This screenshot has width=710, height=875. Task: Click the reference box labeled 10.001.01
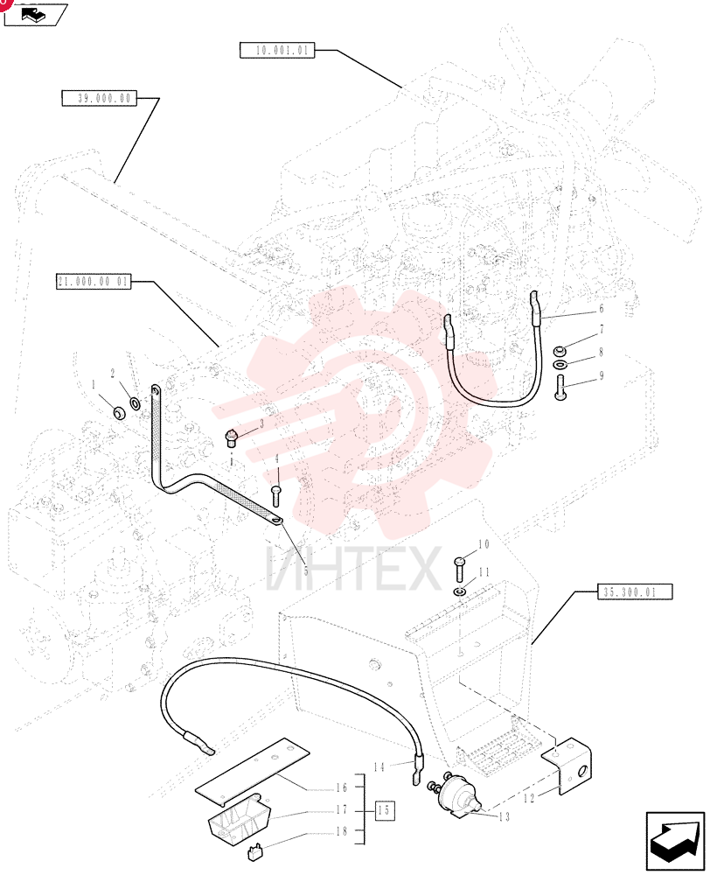tap(277, 50)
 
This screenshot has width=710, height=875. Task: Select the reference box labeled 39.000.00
tap(100, 98)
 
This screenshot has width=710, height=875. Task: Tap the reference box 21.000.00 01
tap(94, 281)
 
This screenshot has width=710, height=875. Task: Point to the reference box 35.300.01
tap(635, 591)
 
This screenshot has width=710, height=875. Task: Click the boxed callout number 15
tap(384, 809)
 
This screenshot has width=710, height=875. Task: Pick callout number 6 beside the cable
tap(602, 309)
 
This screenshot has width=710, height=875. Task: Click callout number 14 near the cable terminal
tap(379, 766)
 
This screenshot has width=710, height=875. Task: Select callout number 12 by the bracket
tap(529, 798)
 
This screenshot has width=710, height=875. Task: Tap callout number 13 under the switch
tap(504, 817)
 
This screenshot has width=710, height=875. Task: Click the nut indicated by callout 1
tap(119, 413)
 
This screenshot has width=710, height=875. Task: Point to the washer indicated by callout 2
tap(135, 402)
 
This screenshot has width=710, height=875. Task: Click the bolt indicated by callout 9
tap(560, 388)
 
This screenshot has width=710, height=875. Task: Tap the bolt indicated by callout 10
tap(461, 568)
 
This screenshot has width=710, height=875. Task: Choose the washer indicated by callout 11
tap(460, 591)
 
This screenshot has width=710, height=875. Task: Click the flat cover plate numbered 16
tap(252, 771)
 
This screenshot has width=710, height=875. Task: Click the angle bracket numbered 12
tap(567, 765)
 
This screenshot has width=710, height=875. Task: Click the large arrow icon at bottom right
tap(674, 842)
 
